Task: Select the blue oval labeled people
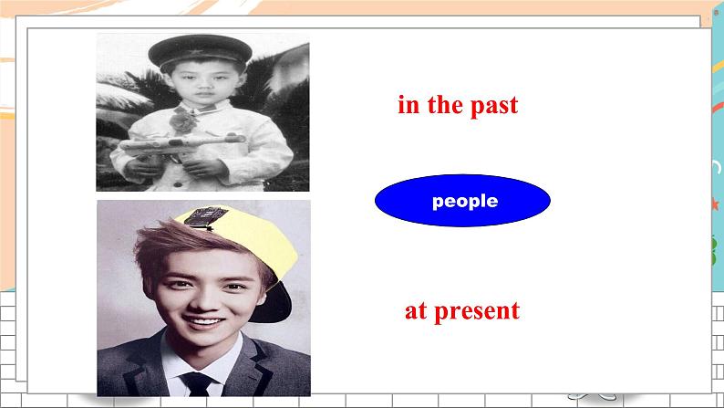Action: [x=462, y=201]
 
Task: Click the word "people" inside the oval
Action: [x=465, y=201]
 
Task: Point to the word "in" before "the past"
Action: [x=408, y=105]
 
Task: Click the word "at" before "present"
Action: [x=416, y=311]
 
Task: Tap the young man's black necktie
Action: [x=197, y=384]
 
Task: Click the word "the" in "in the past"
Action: [x=446, y=105]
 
